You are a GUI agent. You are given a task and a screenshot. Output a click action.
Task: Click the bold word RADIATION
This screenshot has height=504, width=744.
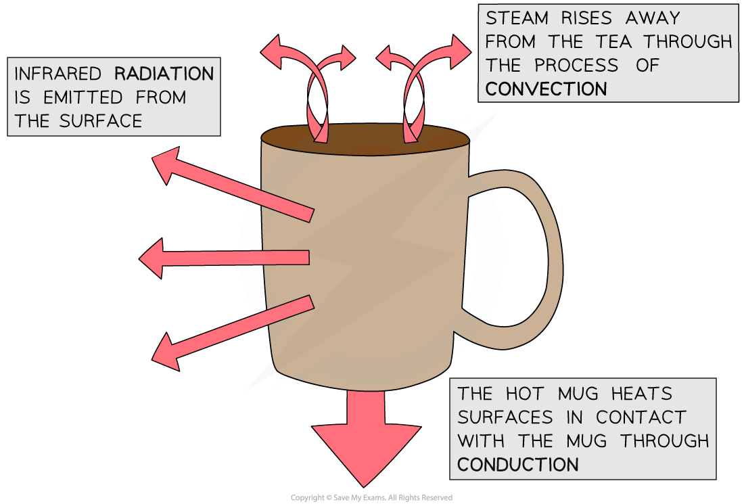pyautogui.click(x=164, y=73)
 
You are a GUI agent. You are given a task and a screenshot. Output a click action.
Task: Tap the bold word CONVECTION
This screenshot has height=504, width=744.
pyautogui.click(x=546, y=89)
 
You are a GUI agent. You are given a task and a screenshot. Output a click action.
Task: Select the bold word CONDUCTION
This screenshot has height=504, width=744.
pyautogui.click(x=518, y=464)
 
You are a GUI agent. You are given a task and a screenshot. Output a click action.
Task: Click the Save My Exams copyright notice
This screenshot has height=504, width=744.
pyautogui.click(x=371, y=498)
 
